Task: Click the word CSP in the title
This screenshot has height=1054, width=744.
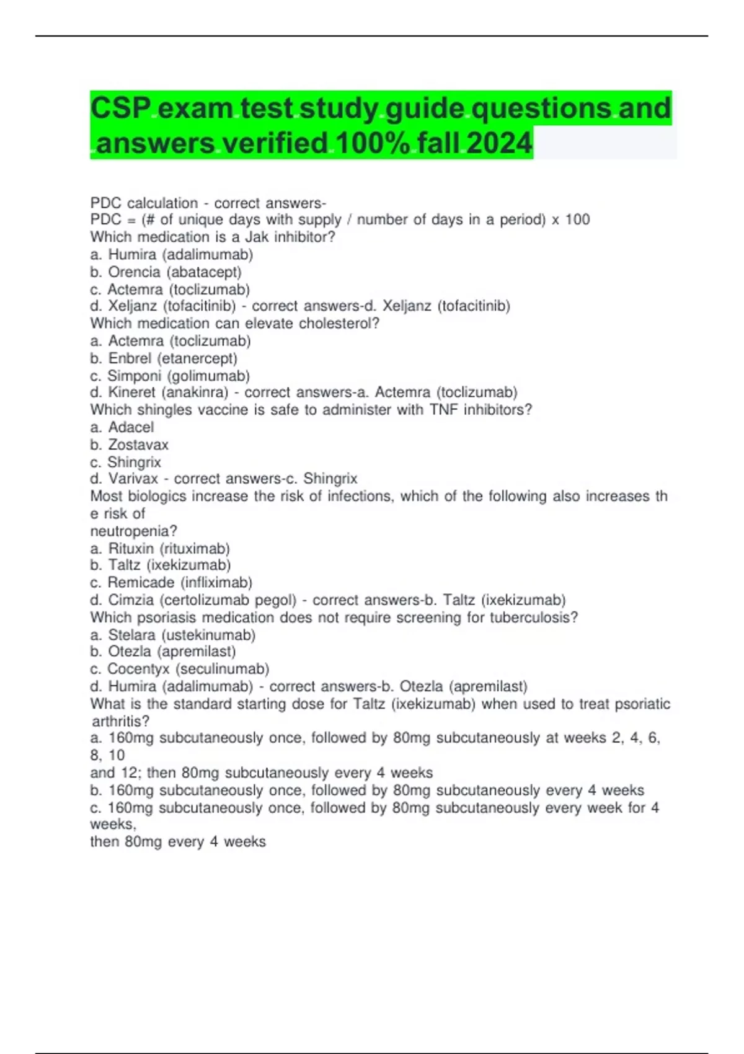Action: (121, 109)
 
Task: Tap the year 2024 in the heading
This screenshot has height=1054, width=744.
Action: (499, 143)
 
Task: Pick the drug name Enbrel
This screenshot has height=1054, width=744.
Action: (130, 358)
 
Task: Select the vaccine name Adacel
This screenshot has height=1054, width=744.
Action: (131, 427)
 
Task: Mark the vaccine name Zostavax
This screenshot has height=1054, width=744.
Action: (138, 445)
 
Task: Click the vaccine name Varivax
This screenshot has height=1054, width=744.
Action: (133, 479)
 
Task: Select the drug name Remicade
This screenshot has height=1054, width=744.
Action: (141, 583)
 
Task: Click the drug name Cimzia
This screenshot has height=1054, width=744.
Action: (131, 600)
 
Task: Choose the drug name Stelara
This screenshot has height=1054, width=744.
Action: (131, 635)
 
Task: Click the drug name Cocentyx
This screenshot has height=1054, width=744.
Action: (138, 669)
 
